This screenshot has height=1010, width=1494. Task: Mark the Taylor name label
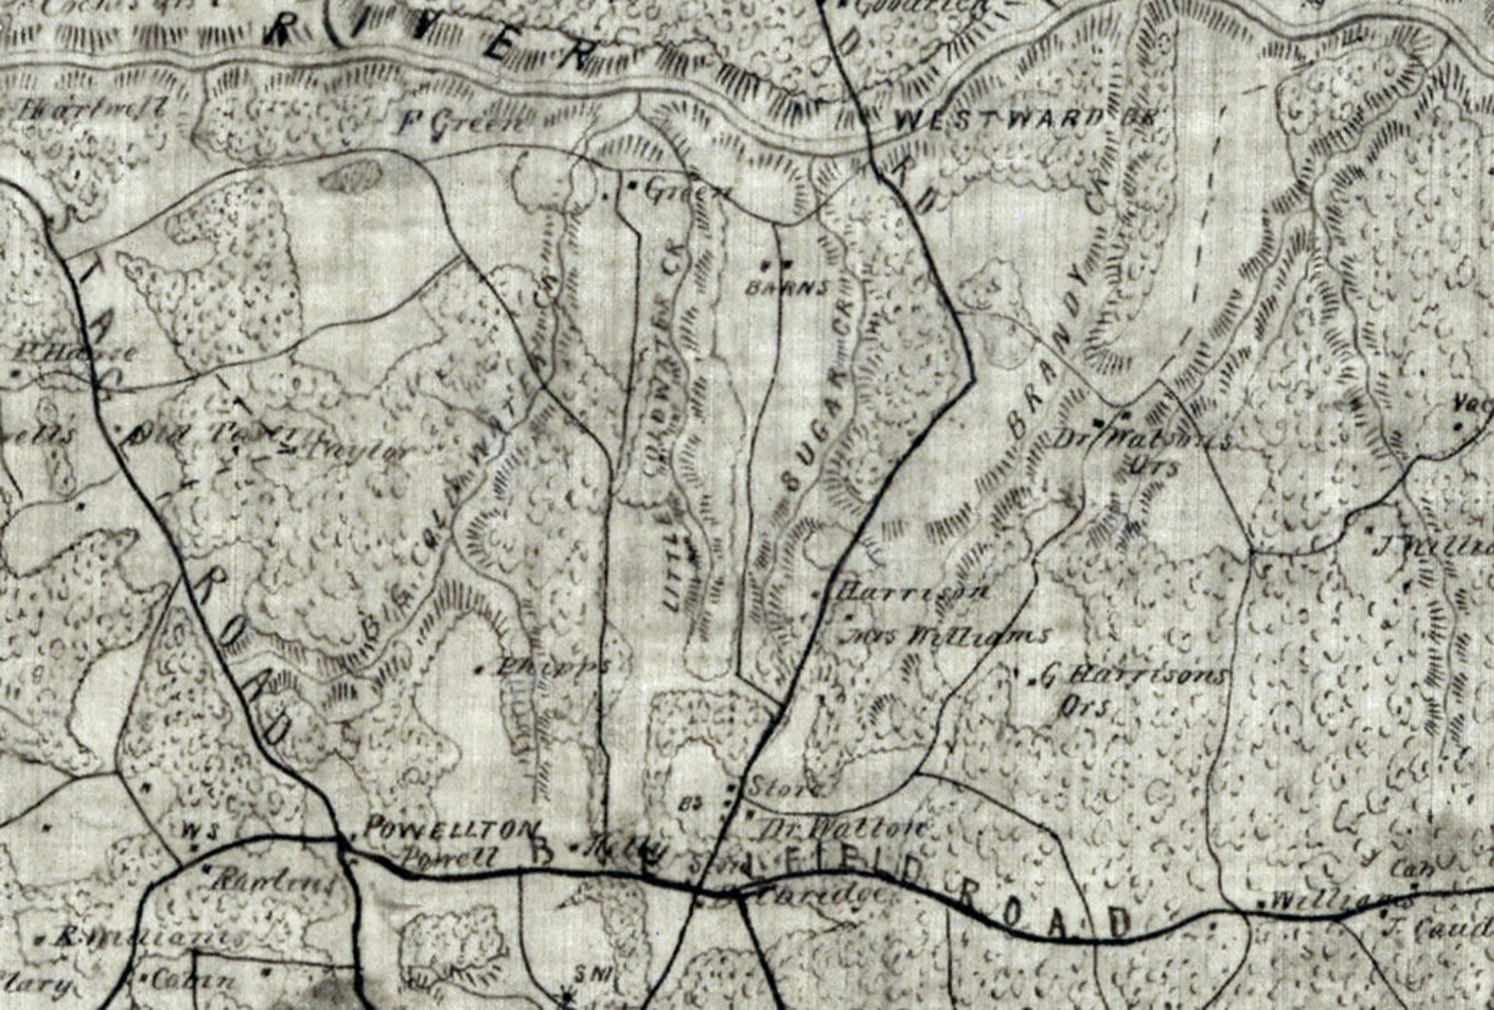pos(347,450)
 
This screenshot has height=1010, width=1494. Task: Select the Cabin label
pos(192,979)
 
